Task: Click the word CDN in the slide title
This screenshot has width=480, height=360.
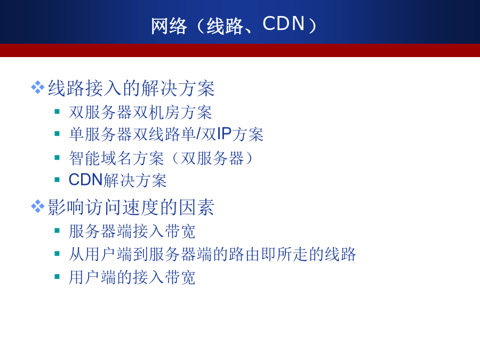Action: click(x=284, y=23)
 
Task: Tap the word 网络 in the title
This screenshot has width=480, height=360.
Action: click(x=169, y=26)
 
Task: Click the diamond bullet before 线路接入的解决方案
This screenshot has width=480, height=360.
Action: click(x=38, y=87)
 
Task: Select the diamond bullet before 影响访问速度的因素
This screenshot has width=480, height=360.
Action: click(x=38, y=206)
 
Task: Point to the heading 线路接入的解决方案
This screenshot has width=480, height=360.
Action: click(x=131, y=88)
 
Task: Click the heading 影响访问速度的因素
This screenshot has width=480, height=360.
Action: click(x=131, y=207)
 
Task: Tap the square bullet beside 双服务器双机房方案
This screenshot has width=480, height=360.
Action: click(x=57, y=111)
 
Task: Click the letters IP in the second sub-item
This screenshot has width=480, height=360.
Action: click(x=224, y=134)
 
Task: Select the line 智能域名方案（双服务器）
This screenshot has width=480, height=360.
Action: click(x=161, y=158)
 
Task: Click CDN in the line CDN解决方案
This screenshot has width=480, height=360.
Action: click(x=85, y=180)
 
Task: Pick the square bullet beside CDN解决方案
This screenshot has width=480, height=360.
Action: click(x=57, y=180)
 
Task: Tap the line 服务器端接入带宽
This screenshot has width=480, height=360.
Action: click(x=132, y=231)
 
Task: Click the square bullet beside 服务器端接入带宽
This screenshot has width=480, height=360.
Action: click(x=57, y=230)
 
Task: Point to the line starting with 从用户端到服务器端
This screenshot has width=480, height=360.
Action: click(x=212, y=254)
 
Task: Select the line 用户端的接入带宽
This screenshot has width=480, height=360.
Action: click(x=132, y=277)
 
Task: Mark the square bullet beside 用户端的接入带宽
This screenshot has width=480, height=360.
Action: click(x=57, y=277)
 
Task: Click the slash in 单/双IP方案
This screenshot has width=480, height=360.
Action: click(x=198, y=134)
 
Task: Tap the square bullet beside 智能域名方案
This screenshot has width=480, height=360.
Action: click(x=57, y=158)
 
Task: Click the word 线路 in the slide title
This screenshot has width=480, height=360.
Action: click(x=225, y=26)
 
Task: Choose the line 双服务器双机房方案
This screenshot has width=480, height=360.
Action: click(x=140, y=113)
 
